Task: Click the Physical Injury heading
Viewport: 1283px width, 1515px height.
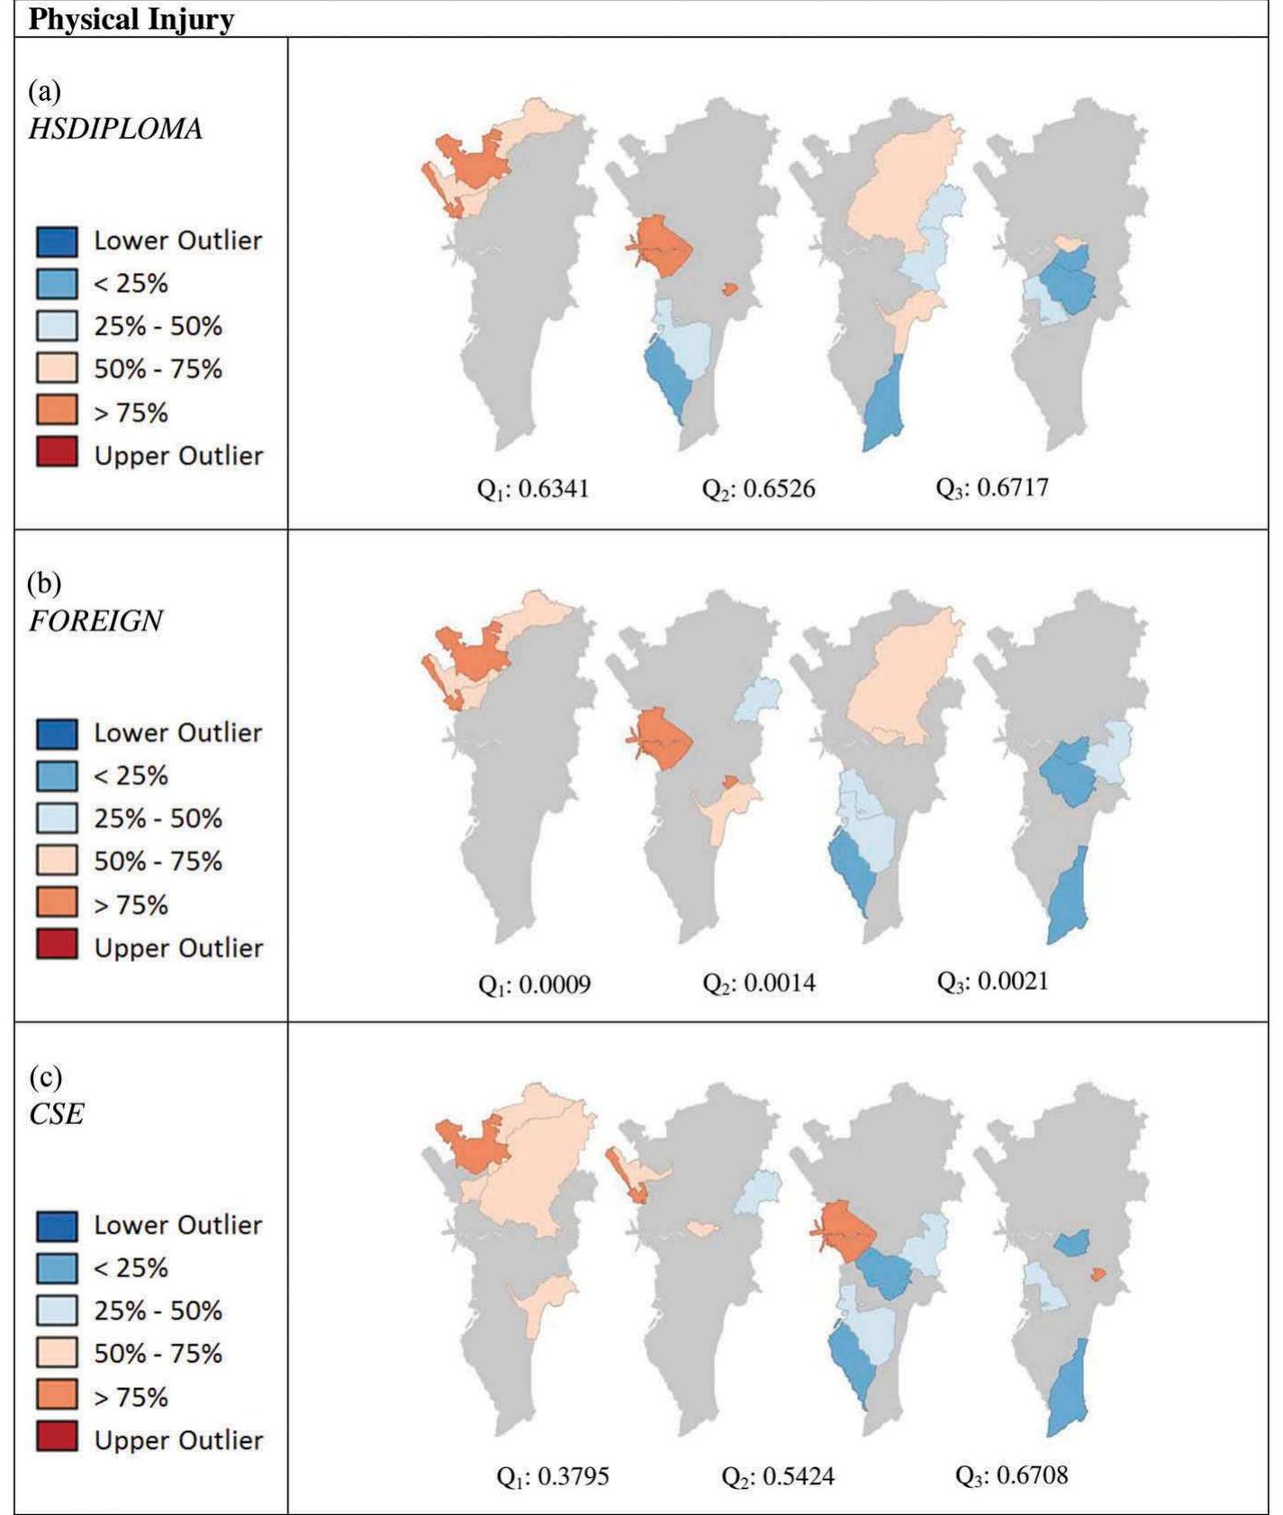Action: point(131,19)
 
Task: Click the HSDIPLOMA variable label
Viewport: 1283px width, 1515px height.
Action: point(115,129)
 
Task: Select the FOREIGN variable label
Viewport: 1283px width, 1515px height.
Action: point(95,621)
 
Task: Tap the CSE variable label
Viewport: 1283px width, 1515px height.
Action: point(56,1114)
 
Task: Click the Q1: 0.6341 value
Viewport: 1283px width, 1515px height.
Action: point(533,489)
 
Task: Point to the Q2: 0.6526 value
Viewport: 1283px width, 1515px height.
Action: point(758,489)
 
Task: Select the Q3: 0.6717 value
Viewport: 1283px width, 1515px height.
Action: point(992,488)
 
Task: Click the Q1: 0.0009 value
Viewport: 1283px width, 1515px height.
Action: point(534,984)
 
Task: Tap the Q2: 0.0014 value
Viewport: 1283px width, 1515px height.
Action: point(759,983)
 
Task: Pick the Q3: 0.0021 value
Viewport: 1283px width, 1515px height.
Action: point(992,981)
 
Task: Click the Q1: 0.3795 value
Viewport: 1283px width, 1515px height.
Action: point(553,1477)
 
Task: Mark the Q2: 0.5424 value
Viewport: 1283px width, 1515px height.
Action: point(778,1477)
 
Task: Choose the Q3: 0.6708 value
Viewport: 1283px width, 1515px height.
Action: point(1011,1475)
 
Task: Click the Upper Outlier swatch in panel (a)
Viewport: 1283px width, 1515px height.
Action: point(57,454)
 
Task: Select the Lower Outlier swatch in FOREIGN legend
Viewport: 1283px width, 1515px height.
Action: point(57,733)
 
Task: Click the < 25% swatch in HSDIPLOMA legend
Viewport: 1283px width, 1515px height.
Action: point(57,284)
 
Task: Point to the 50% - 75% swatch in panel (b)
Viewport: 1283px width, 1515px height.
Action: point(57,861)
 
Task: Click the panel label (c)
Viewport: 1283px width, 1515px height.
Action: point(45,1076)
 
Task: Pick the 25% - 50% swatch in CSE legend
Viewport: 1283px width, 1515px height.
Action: point(57,1311)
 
